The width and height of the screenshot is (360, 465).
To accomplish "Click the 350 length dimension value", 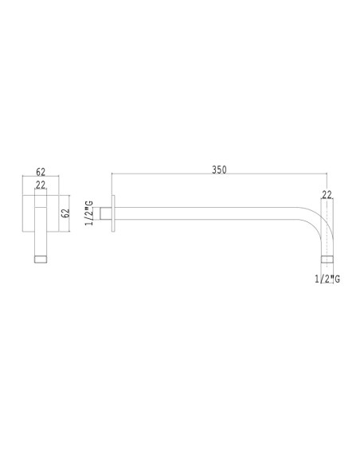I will click(x=220, y=170).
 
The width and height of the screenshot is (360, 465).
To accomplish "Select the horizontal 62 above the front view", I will click(x=41, y=171).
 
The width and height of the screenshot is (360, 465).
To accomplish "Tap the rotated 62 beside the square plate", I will click(x=66, y=213).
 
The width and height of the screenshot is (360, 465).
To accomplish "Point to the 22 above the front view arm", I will click(x=41, y=185).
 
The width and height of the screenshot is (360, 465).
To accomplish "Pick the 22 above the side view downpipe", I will click(x=327, y=193).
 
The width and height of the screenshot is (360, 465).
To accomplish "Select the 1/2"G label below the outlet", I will click(x=327, y=278).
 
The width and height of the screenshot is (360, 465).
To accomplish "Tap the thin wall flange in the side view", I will click(x=116, y=214).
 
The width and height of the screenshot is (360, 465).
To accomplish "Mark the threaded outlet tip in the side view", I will click(x=327, y=259).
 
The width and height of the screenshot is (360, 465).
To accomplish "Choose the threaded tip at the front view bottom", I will click(x=41, y=258).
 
